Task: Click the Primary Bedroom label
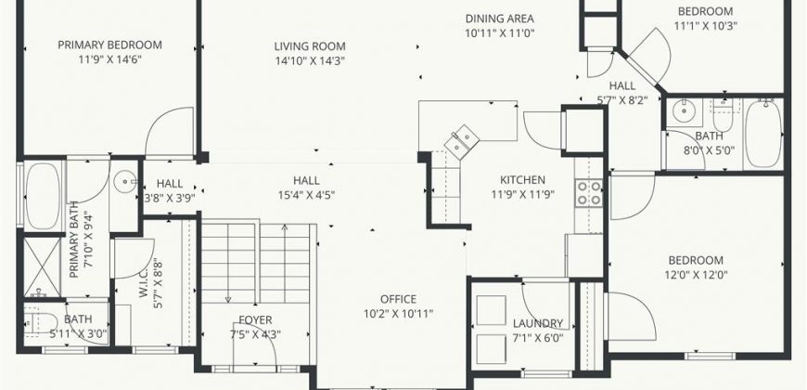[109, 45]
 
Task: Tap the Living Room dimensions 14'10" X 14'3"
[310, 60]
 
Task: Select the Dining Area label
[500, 19]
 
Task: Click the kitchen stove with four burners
[589, 193]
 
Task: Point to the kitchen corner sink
[462, 140]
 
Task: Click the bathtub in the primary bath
[43, 196]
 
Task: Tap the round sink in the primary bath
[125, 181]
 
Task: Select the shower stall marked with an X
[42, 266]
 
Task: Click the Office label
[398, 299]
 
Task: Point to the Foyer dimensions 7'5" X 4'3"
[255, 334]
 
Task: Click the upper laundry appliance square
[491, 310]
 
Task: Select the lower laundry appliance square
[491, 349]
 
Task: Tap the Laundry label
[538, 323]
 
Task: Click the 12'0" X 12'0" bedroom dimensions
[696, 275]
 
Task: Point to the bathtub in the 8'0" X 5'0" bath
[763, 134]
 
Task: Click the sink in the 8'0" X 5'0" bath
[685, 111]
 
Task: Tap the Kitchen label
[522, 180]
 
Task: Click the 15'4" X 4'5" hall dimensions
[306, 195]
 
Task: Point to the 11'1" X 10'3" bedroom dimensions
[705, 26]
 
